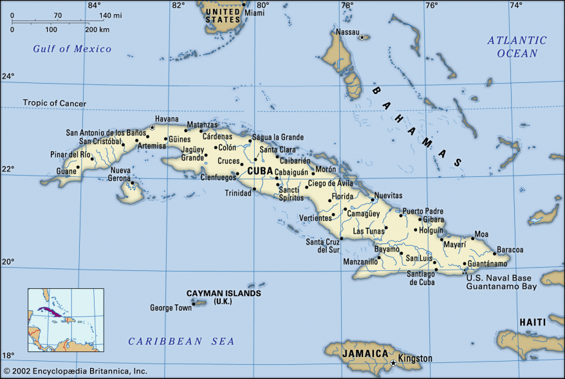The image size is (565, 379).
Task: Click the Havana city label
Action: click(166, 120)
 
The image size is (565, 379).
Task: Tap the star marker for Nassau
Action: click(362, 37)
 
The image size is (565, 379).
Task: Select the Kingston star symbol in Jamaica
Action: click(393, 363)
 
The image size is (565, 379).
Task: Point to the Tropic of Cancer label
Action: click(54, 103)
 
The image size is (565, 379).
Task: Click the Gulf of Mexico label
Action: click(72, 49)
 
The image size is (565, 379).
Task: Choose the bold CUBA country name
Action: click(259, 171)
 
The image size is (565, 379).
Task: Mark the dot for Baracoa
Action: click(494, 253)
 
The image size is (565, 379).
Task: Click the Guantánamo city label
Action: click(487, 263)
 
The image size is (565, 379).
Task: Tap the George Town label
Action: click(171, 308)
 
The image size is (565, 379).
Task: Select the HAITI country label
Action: click(532, 322)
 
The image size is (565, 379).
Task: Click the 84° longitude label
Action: click(94, 6)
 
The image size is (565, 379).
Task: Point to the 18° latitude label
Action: click(7, 355)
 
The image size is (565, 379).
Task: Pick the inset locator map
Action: click(66, 320)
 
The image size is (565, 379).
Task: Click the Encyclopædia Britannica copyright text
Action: click(75, 371)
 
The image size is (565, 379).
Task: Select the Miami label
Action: click(254, 13)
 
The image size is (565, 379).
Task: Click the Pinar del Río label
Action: click(70, 155)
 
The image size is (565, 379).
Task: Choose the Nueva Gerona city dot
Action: click(133, 182)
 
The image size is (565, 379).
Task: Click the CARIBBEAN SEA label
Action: click(181, 341)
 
